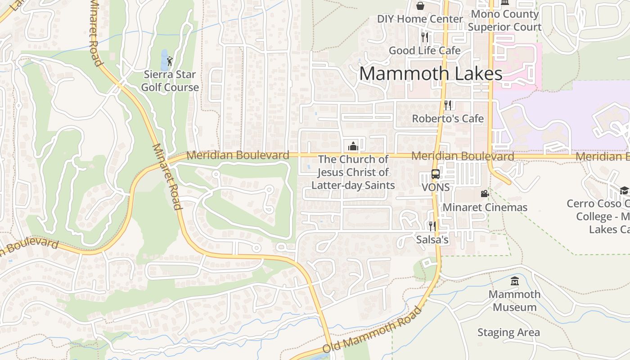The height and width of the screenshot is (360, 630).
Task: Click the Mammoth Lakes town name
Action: point(431,74)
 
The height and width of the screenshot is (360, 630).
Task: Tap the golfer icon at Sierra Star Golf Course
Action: point(169,61)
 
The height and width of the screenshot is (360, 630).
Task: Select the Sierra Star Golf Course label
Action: point(170,81)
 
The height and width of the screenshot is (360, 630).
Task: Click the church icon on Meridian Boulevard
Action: point(353,146)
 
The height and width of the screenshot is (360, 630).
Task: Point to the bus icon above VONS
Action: point(436,174)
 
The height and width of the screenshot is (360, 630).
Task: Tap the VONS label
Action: point(436,187)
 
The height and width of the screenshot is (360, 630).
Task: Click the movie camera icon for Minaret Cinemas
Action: point(485,194)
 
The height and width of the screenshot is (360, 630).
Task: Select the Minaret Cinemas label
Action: point(485,207)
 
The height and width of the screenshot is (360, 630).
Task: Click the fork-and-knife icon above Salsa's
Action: point(432,226)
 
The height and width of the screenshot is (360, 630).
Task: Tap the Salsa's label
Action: point(432,240)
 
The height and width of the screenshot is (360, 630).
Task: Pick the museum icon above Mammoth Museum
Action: point(515,281)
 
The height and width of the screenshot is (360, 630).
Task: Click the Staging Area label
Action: point(508,333)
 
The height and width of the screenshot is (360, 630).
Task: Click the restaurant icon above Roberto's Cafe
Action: point(448,105)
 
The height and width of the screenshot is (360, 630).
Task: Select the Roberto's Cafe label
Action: point(448,119)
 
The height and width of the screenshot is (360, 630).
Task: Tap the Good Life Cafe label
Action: point(424,50)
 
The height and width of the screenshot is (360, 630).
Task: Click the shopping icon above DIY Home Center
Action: point(420,6)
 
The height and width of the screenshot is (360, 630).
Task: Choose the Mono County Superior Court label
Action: point(504,21)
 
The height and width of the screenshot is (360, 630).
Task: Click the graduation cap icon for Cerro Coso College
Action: point(624,190)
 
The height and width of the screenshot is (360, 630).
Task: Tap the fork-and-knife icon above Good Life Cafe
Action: point(424,37)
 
